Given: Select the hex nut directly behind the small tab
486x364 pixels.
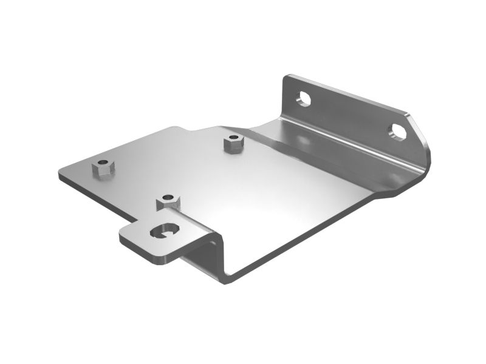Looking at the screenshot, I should [168, 202].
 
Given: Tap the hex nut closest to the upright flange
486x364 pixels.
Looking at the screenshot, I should [231, 144].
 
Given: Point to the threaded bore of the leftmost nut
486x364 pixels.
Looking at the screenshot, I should [104, 163].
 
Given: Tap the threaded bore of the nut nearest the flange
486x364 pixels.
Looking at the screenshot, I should [231, 139].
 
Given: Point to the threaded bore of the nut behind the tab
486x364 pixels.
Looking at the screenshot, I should [168, 197].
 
